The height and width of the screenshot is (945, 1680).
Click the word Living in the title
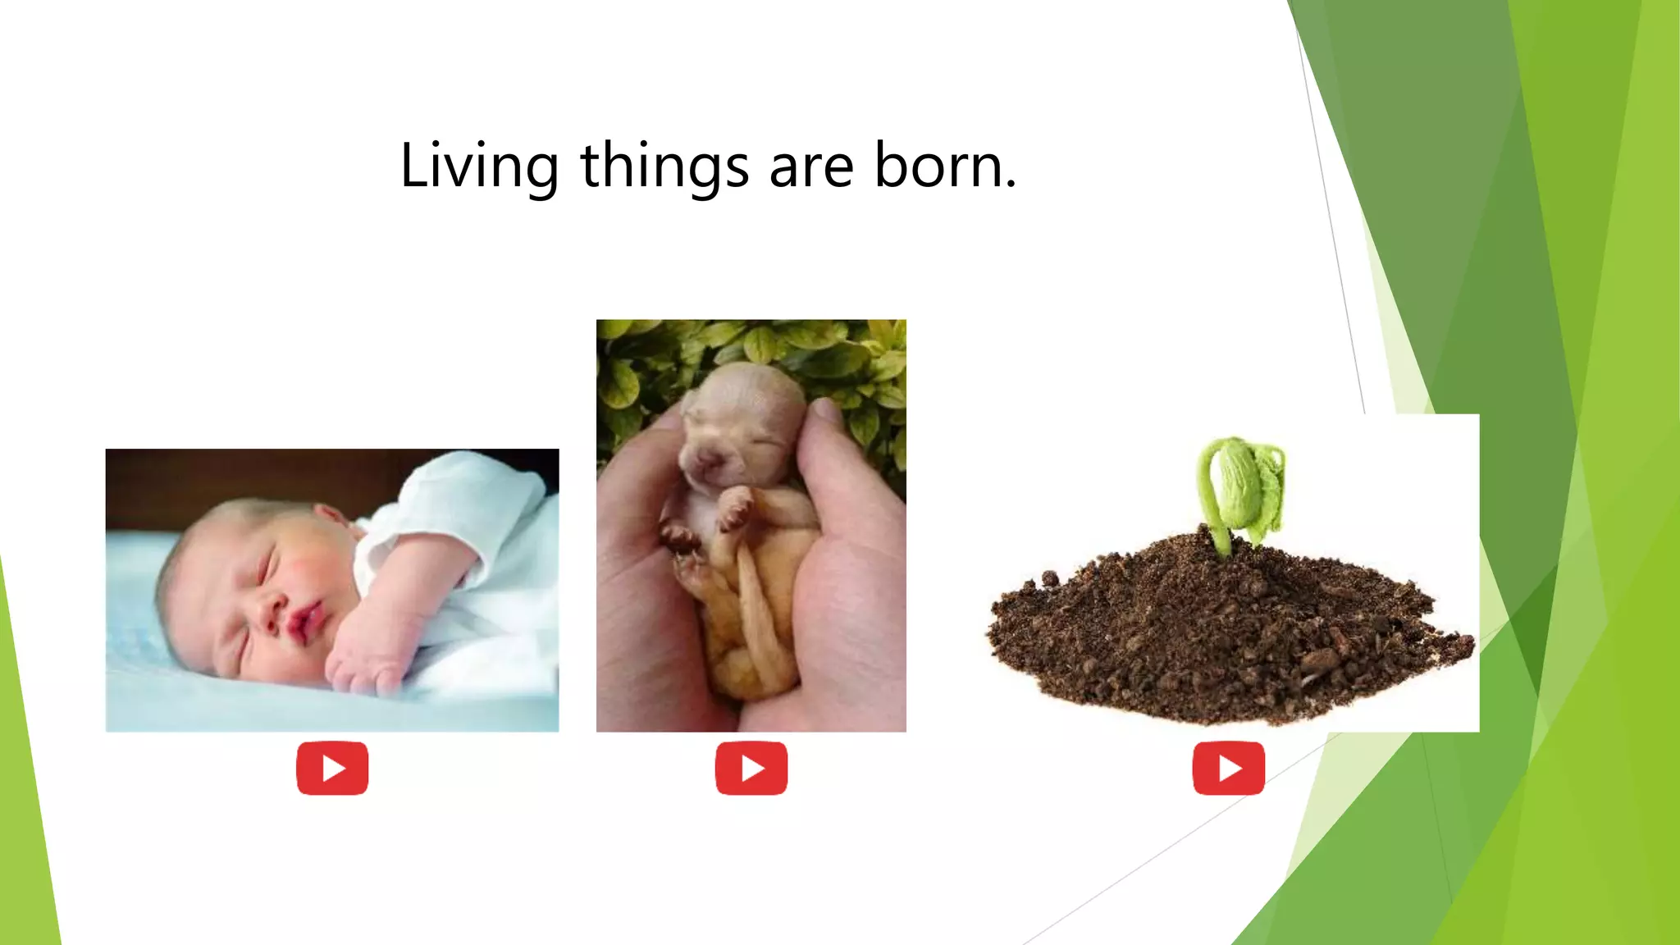479,167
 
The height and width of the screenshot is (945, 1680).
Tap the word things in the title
664,167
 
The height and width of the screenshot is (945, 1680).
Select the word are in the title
811,167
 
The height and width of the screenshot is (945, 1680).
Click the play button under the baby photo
332,769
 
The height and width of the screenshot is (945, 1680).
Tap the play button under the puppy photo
751,769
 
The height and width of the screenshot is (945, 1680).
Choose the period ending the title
1011,185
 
